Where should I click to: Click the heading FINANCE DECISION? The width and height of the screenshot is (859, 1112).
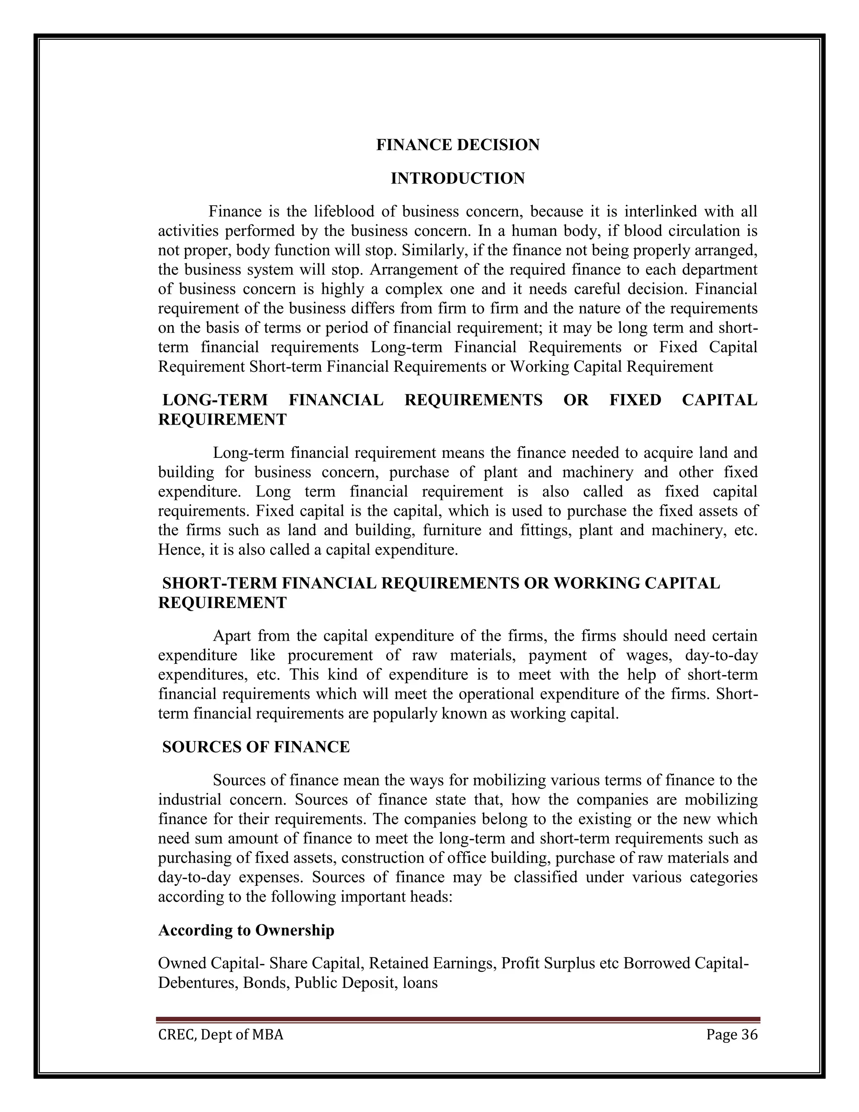click(458, 145)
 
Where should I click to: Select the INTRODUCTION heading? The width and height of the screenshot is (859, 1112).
click(458, 179)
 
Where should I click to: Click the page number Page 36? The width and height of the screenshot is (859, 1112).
click(732, 1035)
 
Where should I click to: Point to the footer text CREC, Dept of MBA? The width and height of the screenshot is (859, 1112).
click(220, 1035)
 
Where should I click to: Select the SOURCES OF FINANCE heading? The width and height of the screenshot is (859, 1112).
click(256, 747)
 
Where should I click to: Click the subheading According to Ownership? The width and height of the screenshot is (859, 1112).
click(246, 930)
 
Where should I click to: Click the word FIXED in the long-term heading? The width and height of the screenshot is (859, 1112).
click(635, 400)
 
